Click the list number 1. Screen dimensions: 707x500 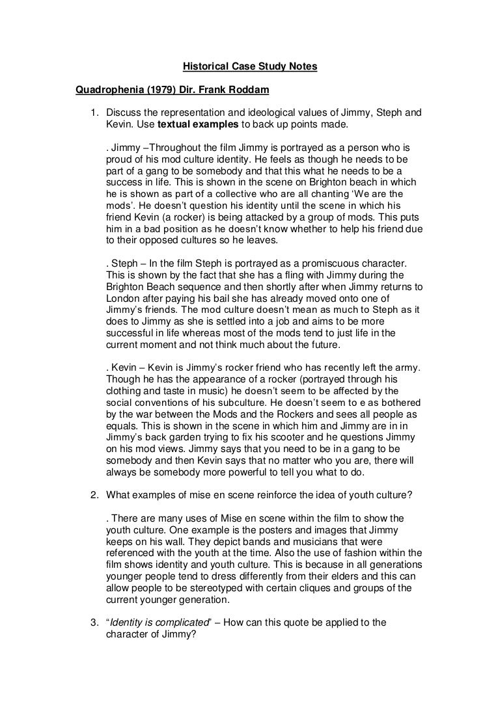click(x=93, y=113)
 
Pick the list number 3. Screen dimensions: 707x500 click(x=93, y=622)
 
